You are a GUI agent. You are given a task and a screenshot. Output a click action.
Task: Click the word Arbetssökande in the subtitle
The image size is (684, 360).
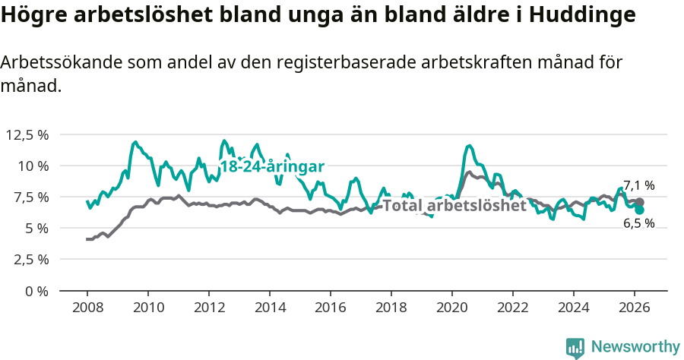click(x=56, y=63)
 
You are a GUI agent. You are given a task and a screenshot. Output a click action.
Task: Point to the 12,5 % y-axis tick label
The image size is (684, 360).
click(x=27, y=134)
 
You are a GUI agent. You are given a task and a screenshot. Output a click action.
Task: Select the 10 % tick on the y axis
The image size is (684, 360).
click(x=33, y=166)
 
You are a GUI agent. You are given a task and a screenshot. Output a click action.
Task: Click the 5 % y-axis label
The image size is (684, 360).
click(x=36, y=228)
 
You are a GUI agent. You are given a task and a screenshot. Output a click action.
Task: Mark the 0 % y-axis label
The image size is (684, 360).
click(x=36, y=290)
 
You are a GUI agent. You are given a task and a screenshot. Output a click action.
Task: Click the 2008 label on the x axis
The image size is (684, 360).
click(x=87, y=307)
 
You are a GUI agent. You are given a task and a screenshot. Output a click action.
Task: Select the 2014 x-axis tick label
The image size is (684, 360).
click(x=270, y=307)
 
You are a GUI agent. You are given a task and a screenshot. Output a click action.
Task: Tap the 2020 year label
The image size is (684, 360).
click(x=452, y=307)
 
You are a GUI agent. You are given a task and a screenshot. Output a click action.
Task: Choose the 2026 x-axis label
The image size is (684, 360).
click(x=635, y=307)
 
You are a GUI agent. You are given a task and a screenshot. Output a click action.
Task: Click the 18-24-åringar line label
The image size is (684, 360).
click(x=272, y=166)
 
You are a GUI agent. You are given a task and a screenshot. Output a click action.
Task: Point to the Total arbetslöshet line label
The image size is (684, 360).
click(x=454, y=205)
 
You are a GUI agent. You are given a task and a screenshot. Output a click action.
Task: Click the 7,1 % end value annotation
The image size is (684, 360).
click(x=638, y=185)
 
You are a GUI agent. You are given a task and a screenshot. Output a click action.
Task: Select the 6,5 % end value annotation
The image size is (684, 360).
click(x=638, y=223)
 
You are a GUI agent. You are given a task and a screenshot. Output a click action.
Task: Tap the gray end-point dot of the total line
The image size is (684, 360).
click(x=640, y=203)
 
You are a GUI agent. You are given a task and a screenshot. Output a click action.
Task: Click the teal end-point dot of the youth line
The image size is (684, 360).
click(x=640, y=210)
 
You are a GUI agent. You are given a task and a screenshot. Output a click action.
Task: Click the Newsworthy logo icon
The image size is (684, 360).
click(x=575, y=348)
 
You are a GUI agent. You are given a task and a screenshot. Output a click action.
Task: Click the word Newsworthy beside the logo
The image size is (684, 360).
click(x=635, y=347)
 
